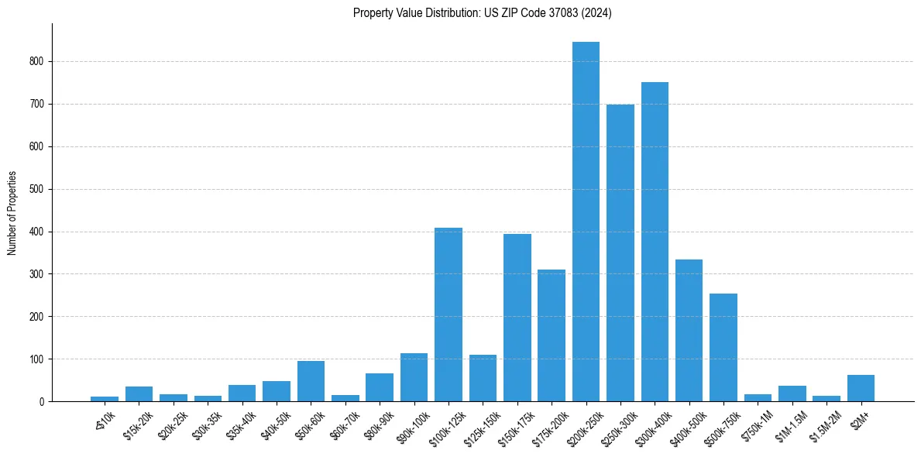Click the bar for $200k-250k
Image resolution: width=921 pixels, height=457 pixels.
click(586, 222)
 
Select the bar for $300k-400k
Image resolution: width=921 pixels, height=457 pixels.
click(655, 242)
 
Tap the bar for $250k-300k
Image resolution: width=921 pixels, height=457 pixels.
click(620, 253)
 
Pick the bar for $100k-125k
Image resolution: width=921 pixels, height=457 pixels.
click(448, 314)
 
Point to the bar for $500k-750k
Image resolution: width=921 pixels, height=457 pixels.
click(723, 347)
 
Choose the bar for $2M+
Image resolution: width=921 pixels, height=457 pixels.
click(861, 388)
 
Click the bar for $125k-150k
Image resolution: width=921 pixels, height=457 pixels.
click(483, 378)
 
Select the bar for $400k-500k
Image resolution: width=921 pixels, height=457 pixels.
click(689, 330)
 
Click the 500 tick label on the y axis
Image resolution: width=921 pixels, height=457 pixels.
click(39, 189)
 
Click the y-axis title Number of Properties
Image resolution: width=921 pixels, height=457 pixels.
click(12, 213)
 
